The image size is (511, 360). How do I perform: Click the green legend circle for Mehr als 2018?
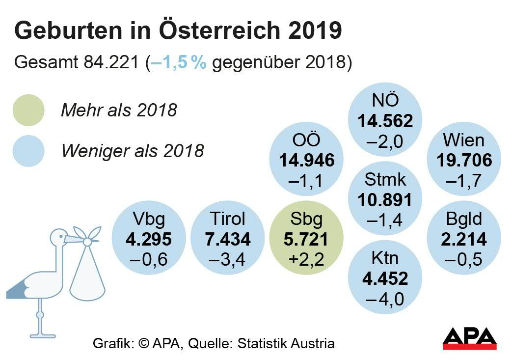28,110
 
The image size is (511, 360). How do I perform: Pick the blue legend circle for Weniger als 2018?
28,150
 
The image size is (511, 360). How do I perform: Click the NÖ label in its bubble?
385,100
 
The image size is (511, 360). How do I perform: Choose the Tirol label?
227,219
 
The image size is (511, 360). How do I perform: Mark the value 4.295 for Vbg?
149,239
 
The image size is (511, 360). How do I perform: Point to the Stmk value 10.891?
385,199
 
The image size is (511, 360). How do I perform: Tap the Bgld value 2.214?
463,239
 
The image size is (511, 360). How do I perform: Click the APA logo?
469,338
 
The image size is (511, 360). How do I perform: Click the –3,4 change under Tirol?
227,259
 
